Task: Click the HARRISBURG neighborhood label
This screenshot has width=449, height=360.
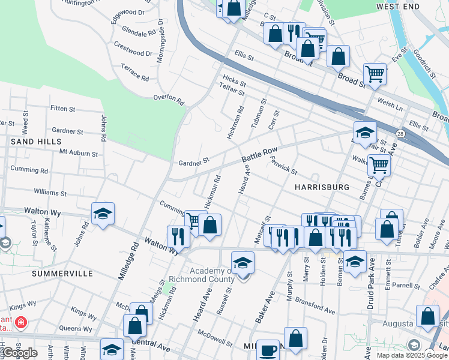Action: (322, 187)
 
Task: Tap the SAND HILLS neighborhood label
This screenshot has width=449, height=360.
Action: (36, 142)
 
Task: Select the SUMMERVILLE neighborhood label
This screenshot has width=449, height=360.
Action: (62, 273)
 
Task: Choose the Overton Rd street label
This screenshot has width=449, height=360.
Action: (167, 97)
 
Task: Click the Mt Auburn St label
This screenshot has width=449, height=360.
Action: (78, 154)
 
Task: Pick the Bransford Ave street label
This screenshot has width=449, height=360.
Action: (315, 308)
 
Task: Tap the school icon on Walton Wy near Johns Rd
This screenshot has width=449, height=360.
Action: (103, 214)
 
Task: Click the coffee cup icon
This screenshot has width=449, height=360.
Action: (268, 350)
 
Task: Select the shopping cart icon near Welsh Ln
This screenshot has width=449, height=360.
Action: (375, 74)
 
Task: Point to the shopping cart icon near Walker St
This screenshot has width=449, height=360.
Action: (379, 164)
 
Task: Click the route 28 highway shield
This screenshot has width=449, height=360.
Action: (400, 132)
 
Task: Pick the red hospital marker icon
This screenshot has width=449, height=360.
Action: (21, 323)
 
